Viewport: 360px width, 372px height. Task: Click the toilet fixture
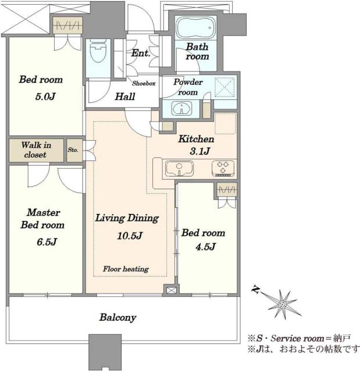(x=98, y=51)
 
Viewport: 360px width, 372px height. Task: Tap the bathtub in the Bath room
(x=196, y=28)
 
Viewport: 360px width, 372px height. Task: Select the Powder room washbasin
(x=181, y=109)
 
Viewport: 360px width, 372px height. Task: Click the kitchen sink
(x=179, y=168)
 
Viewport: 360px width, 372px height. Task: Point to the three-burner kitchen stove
(x=223, y=168)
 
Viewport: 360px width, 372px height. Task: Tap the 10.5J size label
(x=130, y=235)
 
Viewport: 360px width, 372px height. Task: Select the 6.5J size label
(x=47, y=242)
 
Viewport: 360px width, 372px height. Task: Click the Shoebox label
(x=144, y=83)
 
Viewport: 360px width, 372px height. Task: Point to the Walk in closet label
(x=36, y=150)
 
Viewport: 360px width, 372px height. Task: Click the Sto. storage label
(x=73, y=150)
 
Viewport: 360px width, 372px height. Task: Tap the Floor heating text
(x=126, y=269)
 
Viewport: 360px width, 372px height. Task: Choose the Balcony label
(x=118, y=317)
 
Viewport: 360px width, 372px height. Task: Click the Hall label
(x=125, y=96)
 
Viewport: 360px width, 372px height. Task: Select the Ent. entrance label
(x=141, y=53)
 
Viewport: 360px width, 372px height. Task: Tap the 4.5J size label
(x=205, y=247)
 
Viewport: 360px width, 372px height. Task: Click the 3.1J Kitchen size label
(x=200, y=151)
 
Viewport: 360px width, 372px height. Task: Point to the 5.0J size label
(x=45, y=96)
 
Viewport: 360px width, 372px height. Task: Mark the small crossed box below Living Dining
(x=170, y=291)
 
